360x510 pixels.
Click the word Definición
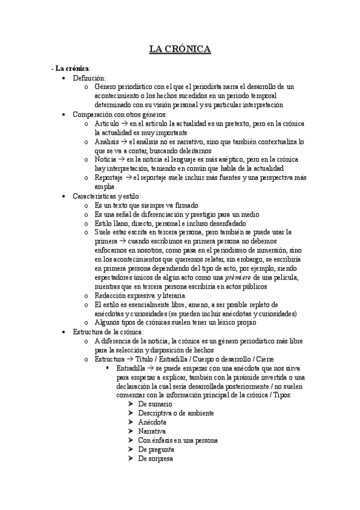tap(89, 78)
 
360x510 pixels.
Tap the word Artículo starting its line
tap(106, 123)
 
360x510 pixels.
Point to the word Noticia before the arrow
tap(105, 159)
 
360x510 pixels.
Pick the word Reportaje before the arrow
tap(108, 177)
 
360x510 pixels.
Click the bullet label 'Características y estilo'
tap(106, 196)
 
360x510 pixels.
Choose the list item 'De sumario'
tap(154, 404)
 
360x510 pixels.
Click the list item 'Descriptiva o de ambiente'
tap(175, 413)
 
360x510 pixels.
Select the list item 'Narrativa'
tap(152, 431)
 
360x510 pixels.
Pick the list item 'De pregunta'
tap(156, 449)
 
